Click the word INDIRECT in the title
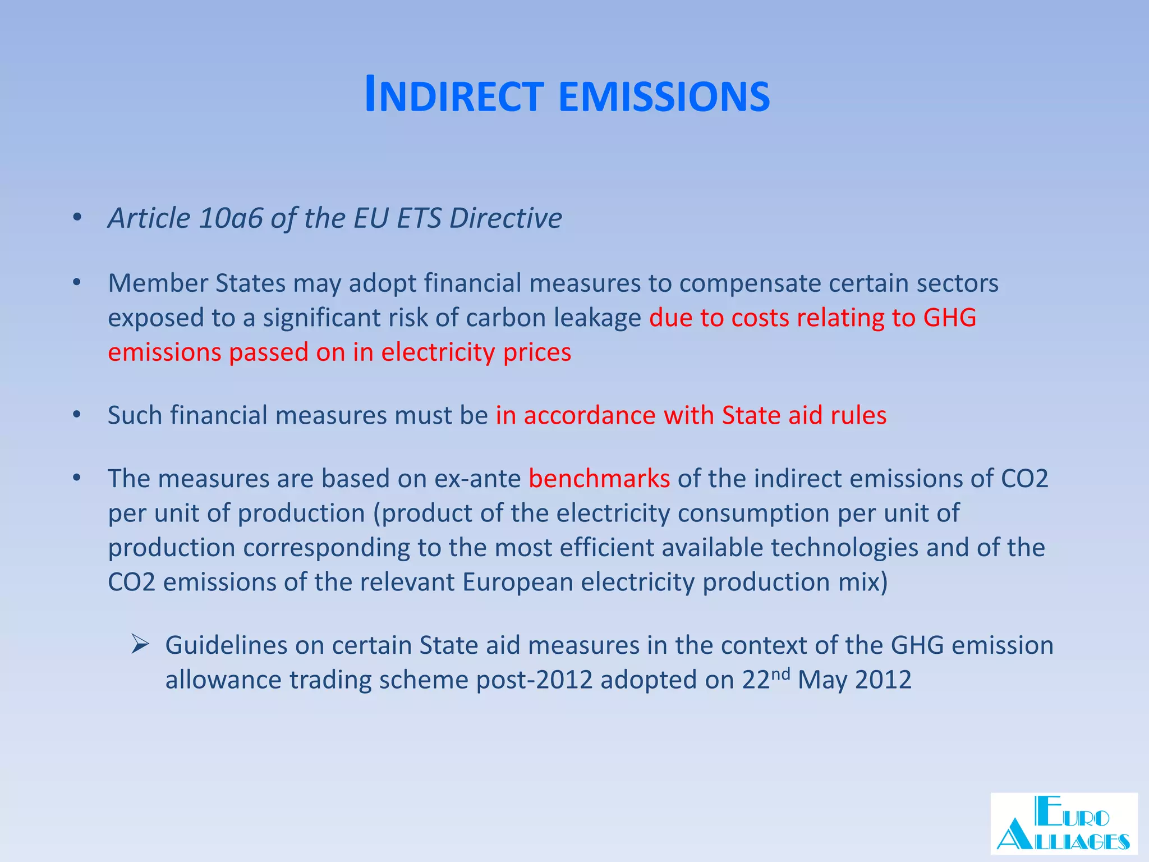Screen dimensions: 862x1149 (454, 96)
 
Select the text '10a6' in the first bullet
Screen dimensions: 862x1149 (230, 218)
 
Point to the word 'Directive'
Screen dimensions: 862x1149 (505, 218)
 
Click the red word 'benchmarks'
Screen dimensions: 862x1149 (599, 479)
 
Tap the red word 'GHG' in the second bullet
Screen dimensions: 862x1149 (949, 318)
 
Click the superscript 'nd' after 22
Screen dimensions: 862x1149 (781, 673)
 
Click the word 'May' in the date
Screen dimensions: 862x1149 (822, 680)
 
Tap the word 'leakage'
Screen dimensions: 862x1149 (598, 318)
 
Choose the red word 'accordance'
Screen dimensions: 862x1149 (590, 416)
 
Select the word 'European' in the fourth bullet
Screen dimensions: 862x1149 (517, 582)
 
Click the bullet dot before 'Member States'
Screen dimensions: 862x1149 (77, 282)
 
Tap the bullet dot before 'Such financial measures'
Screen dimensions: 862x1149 (77, 415)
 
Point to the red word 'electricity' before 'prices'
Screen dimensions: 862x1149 (438, 352)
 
